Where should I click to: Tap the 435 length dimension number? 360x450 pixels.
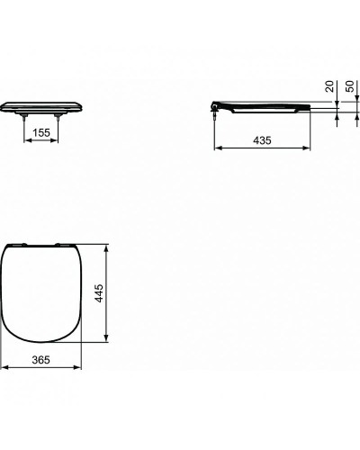tap(263, 141)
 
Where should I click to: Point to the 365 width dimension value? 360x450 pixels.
tap(43, 359)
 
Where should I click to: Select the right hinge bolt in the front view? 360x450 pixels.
tap(61, 116)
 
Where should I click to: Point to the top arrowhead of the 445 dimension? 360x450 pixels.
tap(108, 245)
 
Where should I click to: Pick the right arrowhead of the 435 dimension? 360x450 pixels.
tap(311, 148)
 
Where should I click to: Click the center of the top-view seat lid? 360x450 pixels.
tap(42, 292)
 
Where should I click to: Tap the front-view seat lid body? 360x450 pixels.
tap(42, 104)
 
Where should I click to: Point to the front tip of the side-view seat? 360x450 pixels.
tap(310, 109)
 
